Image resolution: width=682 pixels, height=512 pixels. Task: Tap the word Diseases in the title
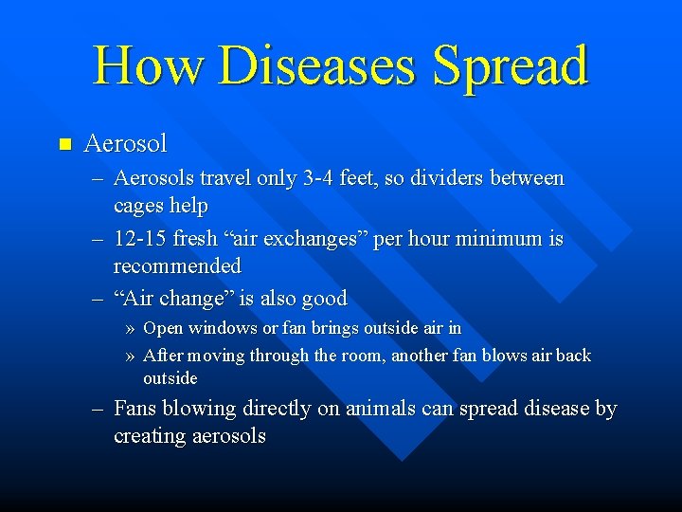pos(317,66)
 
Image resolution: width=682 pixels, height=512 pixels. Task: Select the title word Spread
pos(510,66)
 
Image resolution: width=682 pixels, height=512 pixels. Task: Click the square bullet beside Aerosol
pos(64,145)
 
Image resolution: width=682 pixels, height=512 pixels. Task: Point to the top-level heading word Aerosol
pos(125,144)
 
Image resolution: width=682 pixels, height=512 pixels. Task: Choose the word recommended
pos(177,266)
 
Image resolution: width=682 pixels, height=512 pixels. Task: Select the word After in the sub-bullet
pos(163,356)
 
